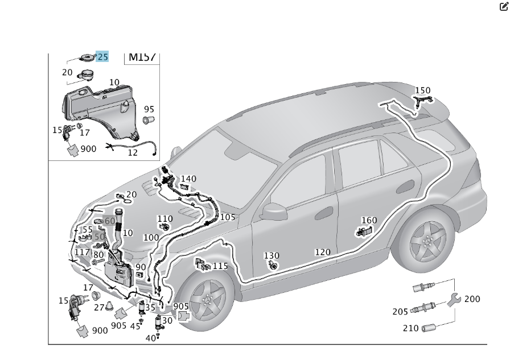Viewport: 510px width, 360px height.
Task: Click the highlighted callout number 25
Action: click(x=102, y=56)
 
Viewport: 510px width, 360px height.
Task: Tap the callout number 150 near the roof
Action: click(x=422, y=90)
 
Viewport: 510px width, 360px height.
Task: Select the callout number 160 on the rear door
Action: click(x=369, y=221)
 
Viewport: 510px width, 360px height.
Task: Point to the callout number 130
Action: click(x=272, y=256)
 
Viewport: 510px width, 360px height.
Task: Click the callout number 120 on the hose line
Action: click(x=322, y=252)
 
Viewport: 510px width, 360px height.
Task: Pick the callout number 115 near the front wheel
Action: click(x=220, y=266)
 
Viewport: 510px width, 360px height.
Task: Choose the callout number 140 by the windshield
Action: click(x=188, y=179)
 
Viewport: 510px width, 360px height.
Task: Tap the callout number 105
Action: click(x=227, y=217)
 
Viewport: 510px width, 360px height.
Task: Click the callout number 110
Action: click(x=164, y=219)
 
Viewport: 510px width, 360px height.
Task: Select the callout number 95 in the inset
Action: click(x=149, y=109)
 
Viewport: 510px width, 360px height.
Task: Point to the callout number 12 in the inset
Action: click(x=132, y=152)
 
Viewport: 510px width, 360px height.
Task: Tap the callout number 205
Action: click(x=400, y=312)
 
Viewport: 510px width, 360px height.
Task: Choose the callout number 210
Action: click(x=411, y=328)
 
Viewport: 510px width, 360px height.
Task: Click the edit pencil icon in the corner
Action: click(x=504, y=7)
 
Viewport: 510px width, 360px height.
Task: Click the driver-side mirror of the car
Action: click(x=275, y=211)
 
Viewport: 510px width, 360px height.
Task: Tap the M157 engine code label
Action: click(x=142, y=57)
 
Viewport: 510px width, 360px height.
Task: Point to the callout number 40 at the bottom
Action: click(x=150, y=338)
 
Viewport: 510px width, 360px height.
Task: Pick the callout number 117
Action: click(x=83, y=252)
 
